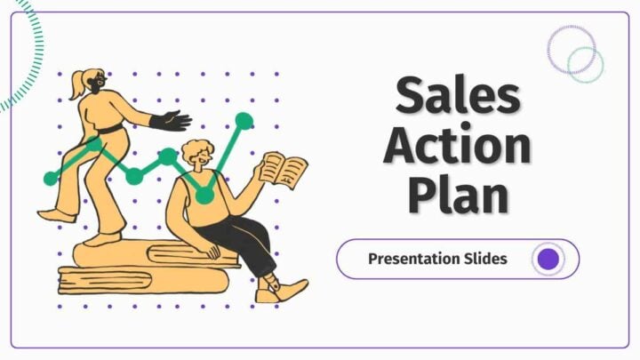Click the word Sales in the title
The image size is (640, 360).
coord(458,95)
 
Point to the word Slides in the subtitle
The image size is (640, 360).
coord(486,258)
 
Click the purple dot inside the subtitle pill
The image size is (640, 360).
coord(548,259)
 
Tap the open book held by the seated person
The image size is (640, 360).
coord(284,170)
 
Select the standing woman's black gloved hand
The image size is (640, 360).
coord(171,121)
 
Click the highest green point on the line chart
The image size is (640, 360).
coord(244,121)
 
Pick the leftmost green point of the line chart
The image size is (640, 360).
coord(51,179)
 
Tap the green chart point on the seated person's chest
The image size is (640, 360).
coord(204,196)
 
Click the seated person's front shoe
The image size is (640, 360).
coord(283,291)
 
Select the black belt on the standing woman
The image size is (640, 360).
coord(110,130)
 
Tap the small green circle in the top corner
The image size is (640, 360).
coord(585,65)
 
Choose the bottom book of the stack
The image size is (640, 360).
coord(143,280)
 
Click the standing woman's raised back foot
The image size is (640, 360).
coord(56,215)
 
